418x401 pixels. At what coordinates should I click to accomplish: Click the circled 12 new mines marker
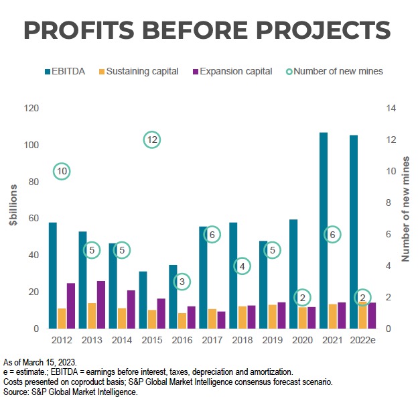(x=152, y=139)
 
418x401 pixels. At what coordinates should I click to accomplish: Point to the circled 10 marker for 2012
(x=62, y=171)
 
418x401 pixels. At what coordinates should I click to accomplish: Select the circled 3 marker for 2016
(x=182, y=282)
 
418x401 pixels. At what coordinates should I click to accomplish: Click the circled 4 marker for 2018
(x=242, y=266)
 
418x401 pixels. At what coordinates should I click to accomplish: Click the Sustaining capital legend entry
(x=141, y=70)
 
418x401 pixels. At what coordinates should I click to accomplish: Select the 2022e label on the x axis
(x=362, y=340)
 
